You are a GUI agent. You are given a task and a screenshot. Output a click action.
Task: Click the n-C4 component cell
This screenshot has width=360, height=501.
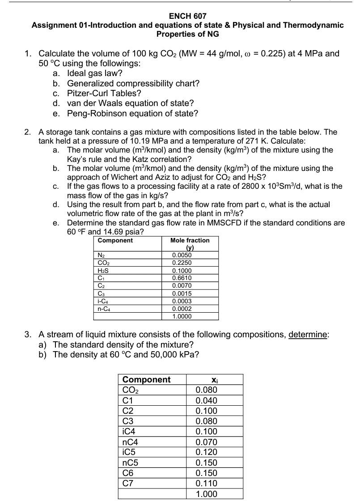104,308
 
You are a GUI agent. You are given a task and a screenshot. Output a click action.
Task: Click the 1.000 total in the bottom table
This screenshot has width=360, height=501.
207,494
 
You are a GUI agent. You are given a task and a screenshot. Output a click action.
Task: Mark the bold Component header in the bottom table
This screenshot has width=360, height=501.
146,380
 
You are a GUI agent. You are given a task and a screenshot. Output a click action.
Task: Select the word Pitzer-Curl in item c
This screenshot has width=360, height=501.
88,93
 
